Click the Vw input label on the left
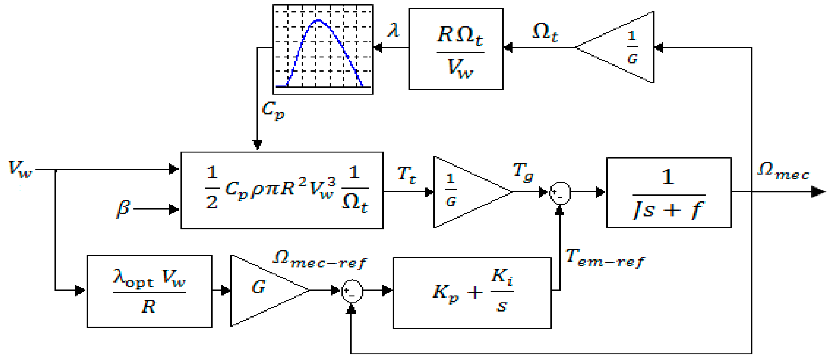click(x=20, y=170)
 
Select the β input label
click(x=123, y=209)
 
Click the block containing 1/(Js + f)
click(x=668, y=193)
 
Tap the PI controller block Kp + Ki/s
click(x=472, y=292)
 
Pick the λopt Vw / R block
click(x=149, y=291)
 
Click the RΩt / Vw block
click(x=456, y=49)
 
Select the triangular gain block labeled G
click(x=262, y=290)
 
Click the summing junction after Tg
click(x=560, y=193)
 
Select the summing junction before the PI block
click(x=352, y=291)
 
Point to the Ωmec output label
click(x=783, y=171)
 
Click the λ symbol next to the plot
click(x=393, y=31)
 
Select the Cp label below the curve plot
click(x=273, y=110)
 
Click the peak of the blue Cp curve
click(x=319, y=20)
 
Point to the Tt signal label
click(x=406, y=175)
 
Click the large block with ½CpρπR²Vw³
click(x=282, y=190)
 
